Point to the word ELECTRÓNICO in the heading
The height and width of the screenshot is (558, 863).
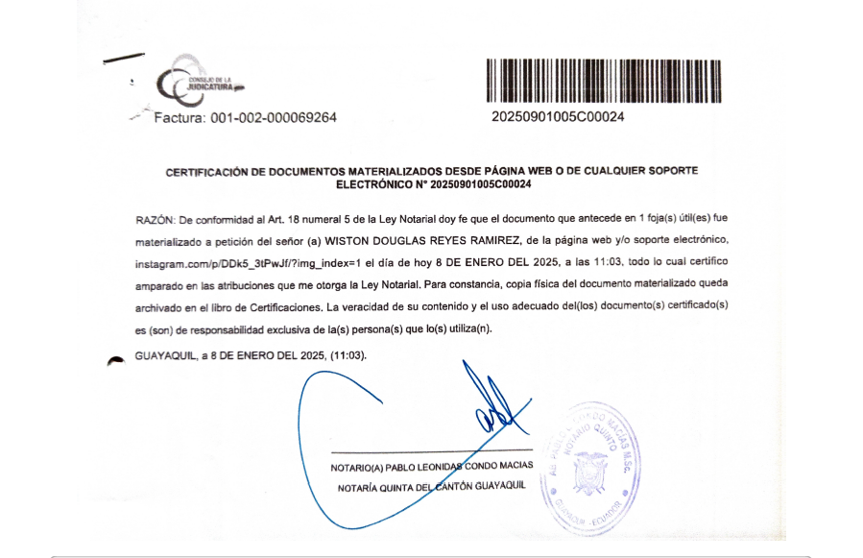click(x=380, y=183)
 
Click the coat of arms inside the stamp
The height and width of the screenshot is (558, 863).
click(x=589, y=473)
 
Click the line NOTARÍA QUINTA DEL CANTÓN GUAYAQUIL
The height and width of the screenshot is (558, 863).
click(x=432, y=486)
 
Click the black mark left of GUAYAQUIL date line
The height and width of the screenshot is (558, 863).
click(x=116, y=358)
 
